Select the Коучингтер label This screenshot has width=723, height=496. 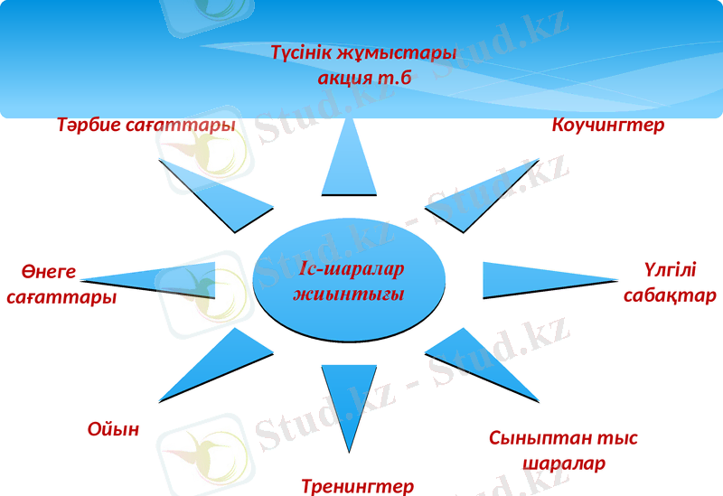coord(607,126)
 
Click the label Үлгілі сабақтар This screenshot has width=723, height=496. coord(670,283)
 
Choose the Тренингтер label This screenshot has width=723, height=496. coord(357,486)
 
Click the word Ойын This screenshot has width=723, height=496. coord(113,429)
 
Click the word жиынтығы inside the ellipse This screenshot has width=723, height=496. coord(348,295)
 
